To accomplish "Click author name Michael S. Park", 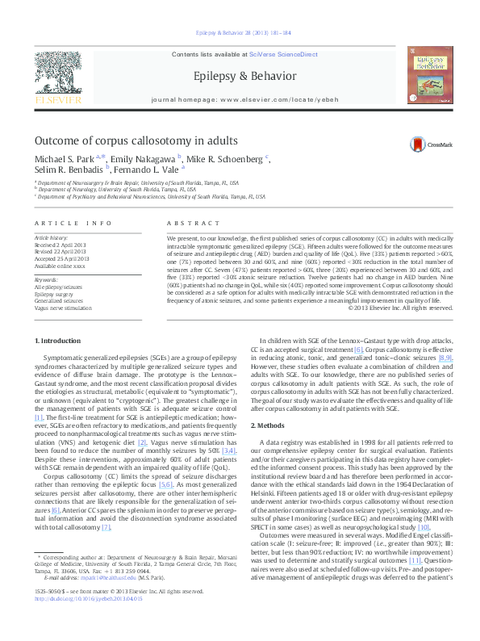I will click(64, 159).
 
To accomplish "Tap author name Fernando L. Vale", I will click(152, 170).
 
